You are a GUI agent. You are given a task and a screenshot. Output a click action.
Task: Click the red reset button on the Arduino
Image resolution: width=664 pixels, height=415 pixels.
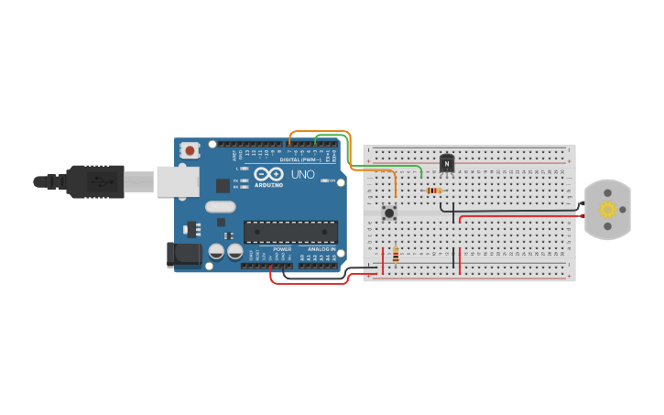click(x=190, y=149)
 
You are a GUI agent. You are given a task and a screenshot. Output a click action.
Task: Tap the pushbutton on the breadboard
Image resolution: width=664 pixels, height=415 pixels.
click(x=389, y=213)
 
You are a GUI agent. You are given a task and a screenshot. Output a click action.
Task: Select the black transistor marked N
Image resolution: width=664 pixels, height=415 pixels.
click(x=447, y=163)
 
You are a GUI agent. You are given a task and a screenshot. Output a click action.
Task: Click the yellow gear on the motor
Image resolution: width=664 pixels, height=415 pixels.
click(x=608, y=210)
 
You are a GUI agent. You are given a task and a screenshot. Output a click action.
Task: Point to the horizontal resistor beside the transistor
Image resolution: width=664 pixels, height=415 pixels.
click(x=433, y=191)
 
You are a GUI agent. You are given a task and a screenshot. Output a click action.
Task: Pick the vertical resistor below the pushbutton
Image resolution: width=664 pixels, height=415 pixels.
click(x=396, y=256)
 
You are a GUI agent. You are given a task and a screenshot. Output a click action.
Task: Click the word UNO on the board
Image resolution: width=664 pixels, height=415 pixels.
click(x=303, y=174)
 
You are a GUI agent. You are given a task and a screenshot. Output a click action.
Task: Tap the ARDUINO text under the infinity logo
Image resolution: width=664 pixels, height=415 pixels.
click(x=269, y=185)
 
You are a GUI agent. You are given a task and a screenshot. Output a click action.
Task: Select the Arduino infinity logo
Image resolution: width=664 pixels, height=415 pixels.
click(x=269, y=173)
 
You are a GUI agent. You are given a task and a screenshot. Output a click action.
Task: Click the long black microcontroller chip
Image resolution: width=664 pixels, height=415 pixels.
click(x=290, y=232)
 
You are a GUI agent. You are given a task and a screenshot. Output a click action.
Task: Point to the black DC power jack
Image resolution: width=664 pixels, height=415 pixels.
click(x=184, y=255)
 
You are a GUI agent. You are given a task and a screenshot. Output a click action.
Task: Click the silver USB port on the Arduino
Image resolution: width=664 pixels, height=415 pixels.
click(x=178, y=181)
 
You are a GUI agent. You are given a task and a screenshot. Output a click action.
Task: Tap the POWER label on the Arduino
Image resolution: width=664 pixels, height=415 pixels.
click(x=282, y=248)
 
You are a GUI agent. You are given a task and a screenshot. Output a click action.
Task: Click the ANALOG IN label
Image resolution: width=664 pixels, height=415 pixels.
click(x=320, y=248)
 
